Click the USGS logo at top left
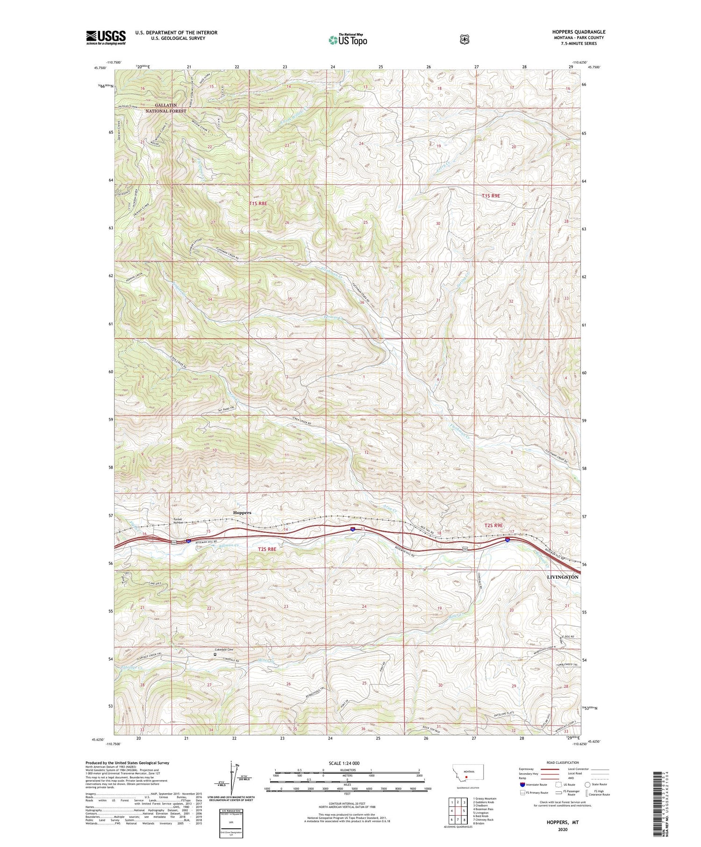[106, 37]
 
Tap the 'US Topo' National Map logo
[347, 40]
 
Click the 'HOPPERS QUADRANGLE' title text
[578, 32]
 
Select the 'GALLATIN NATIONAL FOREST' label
[165, 108]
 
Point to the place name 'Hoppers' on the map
[242, 512]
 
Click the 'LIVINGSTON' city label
[562, 577]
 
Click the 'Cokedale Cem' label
[224, 650]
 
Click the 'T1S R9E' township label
[491, 196]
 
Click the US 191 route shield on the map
[173, 542]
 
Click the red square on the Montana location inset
[466, 778]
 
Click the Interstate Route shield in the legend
[522, 784]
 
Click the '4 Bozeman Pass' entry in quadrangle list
[483, 809]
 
